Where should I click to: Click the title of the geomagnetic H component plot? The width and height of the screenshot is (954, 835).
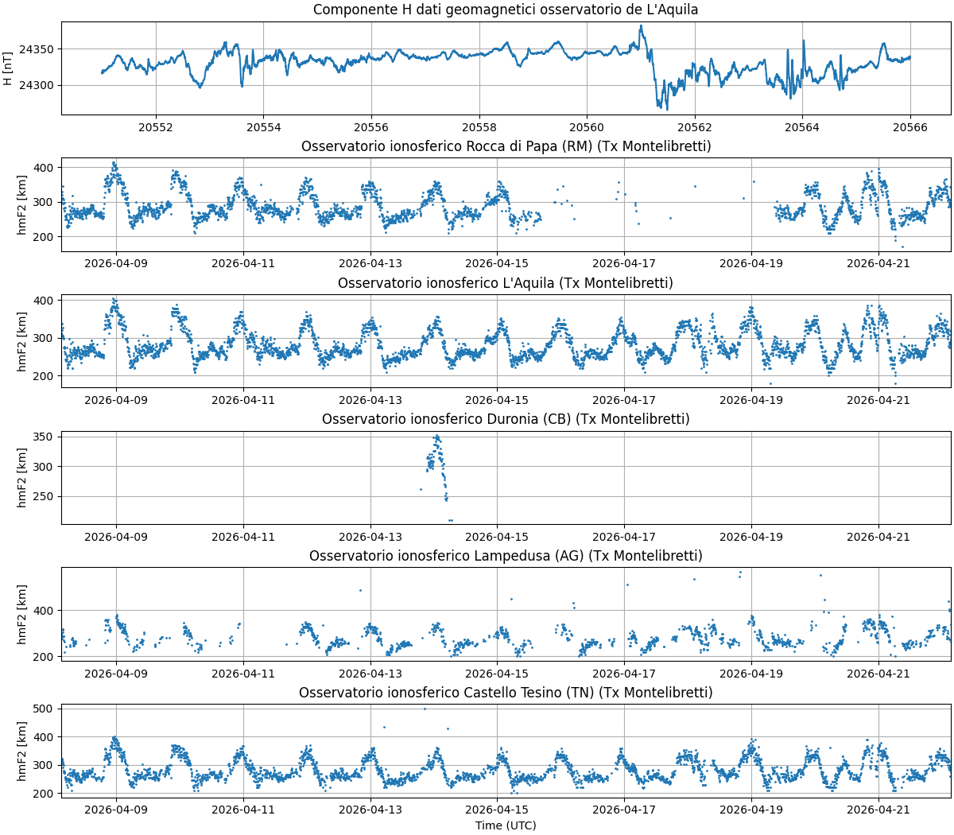(506, 10)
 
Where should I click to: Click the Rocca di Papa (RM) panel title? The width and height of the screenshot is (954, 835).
(506, 146)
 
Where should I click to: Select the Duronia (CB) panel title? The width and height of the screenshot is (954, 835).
(506, 419)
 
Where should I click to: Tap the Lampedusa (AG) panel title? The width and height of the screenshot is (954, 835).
(506, 556)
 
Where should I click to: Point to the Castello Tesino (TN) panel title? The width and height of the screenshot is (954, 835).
(506, 693)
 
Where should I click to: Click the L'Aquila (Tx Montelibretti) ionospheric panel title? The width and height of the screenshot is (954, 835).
(506, 283)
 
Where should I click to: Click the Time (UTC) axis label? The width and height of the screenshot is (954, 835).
(506, 825)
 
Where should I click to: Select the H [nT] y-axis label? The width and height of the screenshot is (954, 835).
(8, 68)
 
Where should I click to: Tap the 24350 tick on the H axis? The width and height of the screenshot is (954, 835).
(36, 49)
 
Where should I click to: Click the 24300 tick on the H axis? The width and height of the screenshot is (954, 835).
(36, 85)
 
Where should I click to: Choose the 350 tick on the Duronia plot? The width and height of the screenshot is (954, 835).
(45, 437)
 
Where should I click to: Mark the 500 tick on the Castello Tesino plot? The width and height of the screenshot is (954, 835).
(45, 709)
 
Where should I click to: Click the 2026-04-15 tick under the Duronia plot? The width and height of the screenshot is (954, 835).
(497, 537)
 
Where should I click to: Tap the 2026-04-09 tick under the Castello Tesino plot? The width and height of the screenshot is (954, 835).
(117, 810)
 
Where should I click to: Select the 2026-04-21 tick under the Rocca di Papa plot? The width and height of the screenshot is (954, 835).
(878, 263)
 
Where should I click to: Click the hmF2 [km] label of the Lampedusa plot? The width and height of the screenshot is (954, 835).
(22, 614)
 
